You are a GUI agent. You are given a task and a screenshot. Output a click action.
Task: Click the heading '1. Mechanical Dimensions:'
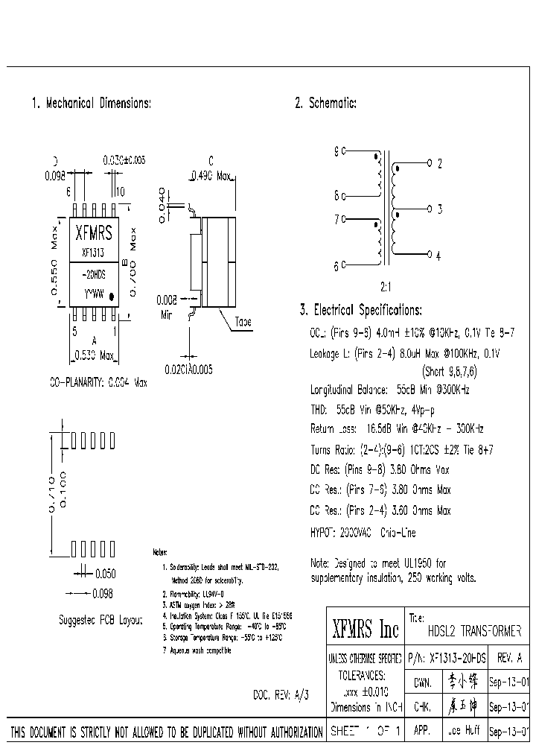click(x=91, y=104)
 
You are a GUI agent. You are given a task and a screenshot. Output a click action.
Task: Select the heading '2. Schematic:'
click(x=325, y=104)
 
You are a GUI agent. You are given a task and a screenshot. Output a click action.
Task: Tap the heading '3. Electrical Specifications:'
click(x=360, y=310)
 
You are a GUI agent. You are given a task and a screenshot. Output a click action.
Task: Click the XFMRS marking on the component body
click(x=95, y=233)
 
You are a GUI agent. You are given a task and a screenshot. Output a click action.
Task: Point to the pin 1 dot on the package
click(x=112, y=297)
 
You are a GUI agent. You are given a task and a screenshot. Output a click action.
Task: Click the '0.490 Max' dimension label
click(x=212, y=176)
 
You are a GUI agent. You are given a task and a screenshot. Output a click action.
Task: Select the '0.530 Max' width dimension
click(x=95, y=355)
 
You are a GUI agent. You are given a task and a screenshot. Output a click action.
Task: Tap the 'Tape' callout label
click(x=243, y=322)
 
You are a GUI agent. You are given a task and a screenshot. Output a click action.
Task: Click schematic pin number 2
click(x=439, y=162)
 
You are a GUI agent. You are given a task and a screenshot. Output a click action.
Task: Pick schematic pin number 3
click(x=439, y=209)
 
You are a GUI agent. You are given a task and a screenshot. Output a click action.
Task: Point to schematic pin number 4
click(x=439, y=256)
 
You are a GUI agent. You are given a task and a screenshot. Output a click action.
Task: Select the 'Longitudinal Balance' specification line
click(x=389, y=389)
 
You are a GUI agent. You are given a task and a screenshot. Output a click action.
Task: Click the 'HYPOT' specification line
click(x=362, y=533)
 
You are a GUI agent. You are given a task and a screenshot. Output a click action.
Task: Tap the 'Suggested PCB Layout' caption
click(x=100, y=620)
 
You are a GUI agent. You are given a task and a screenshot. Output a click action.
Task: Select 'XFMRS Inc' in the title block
click(x=365, y=630)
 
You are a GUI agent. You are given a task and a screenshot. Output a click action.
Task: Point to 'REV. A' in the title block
click(x=508, y=659)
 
